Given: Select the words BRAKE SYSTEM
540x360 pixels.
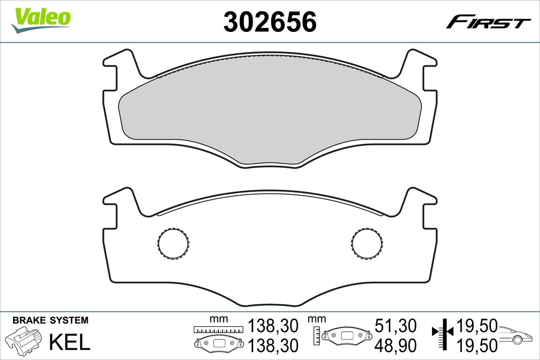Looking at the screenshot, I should (x=50, y=321).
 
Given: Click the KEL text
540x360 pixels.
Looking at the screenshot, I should (x=69, y=342).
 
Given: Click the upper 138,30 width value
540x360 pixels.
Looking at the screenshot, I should (x=273, y=325).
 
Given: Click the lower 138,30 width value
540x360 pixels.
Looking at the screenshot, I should (x=273, y=346).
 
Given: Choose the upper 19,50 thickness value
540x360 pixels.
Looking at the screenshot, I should (x=477, y=325).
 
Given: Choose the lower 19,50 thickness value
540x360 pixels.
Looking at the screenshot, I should (x=477, y=346).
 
